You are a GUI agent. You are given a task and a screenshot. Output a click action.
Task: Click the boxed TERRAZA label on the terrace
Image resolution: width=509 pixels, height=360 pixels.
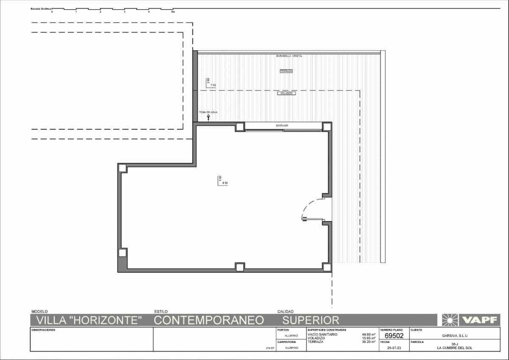tap(286, 71)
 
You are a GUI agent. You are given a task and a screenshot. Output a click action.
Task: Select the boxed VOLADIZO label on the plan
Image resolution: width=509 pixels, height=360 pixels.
tap(286, 93)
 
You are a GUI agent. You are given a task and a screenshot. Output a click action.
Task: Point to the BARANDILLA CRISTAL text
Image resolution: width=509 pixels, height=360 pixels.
tap(289, 56)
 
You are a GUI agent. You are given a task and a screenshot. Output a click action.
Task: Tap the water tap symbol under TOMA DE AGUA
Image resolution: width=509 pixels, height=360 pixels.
tap(208, 117)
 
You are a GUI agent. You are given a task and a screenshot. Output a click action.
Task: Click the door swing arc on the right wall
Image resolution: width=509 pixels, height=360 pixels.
tap(310, 208)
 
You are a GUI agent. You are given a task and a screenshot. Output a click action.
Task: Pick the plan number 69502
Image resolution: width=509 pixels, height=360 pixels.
tap(394, 335)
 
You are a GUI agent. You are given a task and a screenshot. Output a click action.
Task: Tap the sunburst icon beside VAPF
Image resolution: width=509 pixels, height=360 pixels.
tap(450, 320)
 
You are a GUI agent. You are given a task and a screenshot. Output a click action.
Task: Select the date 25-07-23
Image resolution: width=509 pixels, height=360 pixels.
tap(394, 348)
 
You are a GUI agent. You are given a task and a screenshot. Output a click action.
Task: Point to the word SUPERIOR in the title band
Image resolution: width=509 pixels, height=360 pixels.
tap(311, 320)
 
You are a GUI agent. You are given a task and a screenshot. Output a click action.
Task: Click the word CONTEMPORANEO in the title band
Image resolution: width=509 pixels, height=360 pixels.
tap(209, 320)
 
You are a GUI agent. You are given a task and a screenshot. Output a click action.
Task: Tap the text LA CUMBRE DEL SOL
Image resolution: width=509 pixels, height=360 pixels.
tap(455, 348)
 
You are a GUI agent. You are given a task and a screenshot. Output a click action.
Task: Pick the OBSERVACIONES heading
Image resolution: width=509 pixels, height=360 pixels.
tap(44, 330)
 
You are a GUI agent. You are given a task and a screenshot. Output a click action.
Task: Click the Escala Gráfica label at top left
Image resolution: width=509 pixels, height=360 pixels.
tap(41, 8)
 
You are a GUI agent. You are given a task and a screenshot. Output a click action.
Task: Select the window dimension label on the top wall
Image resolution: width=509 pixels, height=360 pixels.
tap(282, 126)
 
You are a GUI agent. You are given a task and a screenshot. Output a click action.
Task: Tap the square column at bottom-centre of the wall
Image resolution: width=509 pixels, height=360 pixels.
tap(240, 267)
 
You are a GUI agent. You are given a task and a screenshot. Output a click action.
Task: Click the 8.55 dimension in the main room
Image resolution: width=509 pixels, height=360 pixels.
tap(225, 183)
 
